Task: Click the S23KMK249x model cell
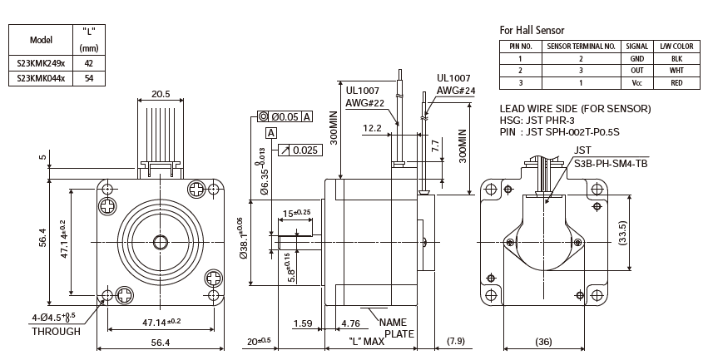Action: (x=40, y=62)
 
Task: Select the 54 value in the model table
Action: (x=89, y=77)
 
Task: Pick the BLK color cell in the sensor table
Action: (x=677, y=59)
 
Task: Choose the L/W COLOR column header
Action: (x=677, y=47)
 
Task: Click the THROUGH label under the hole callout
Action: (x=56, y=331)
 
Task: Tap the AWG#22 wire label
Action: (x=364, y=103)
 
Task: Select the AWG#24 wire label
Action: (x=456, y=90)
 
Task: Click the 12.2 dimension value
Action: (x=372, y=129)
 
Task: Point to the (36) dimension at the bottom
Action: (x=542, y=342)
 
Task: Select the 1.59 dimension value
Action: (x=304, y=323)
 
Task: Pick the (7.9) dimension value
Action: (x=456, y=342)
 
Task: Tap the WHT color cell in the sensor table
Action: (x=677, y=71)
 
